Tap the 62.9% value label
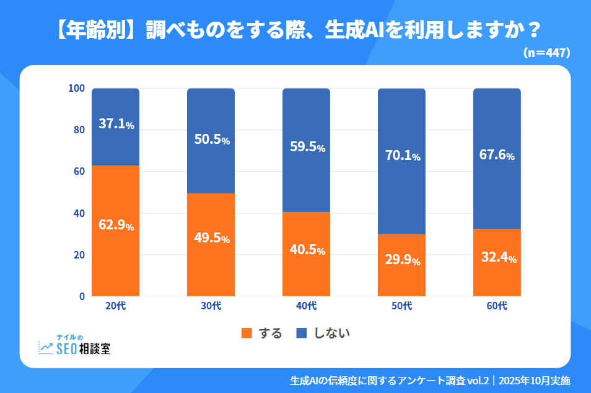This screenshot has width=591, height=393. pyautogui.click(x=116, y=225)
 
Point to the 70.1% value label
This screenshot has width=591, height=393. pyautogui.click(x=402, y=156)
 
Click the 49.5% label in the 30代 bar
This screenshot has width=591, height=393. pyautogui.click(x=211, y=239)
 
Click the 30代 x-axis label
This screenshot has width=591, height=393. pyautogui.click(x=211, y=306)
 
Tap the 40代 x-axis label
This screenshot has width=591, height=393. pyautogui.click(x=307, y=306)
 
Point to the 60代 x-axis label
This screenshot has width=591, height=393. pyautogui.click(x=497, y=306)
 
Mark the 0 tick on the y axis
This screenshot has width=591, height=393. pyautogui.click(x=81, y=296)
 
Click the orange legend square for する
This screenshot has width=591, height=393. pyautogui.click(x=247, y=333)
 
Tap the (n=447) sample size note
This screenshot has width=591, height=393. pyautogui.click(x=546, y=53)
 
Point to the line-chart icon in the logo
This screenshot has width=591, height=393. pyautogui.click(x=46, y=348)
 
